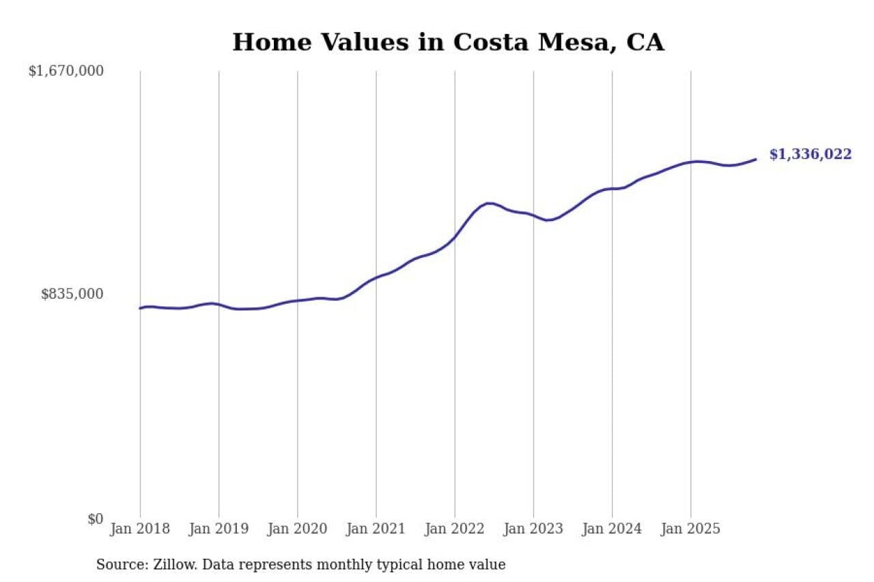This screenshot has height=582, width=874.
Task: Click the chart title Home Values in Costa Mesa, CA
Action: (x=448, y=42)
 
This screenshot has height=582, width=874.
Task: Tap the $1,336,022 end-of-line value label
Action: (x=810, y=154)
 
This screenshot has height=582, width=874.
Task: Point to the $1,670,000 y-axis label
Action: (x=66, y=71)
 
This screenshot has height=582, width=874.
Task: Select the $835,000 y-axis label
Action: (x=72, y=294)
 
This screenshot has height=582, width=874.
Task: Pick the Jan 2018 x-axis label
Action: (x=140, y=529)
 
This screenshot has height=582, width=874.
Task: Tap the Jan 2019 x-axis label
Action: (x=218, y=529)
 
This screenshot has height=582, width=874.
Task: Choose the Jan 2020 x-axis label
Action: (x=297, y=529)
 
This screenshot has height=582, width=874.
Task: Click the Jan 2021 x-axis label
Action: (x=376, y=529)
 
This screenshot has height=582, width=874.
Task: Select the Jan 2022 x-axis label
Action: (x=455, y=529)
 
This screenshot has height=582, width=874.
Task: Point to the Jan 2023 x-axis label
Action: (x=533, y=529)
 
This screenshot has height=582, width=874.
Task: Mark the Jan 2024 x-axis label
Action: (x=612, y=529)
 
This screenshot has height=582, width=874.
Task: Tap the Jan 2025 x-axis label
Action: (x=690, y=529)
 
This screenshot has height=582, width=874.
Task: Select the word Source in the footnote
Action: (x=118, y=565)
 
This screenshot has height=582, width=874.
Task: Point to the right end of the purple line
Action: (x=756, y=159)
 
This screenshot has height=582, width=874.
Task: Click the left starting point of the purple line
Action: (x=140, y=308)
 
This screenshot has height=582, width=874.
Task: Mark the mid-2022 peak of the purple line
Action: (x=488, y=203)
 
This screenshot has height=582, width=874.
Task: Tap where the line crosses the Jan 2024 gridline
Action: (x=612, y=188)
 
